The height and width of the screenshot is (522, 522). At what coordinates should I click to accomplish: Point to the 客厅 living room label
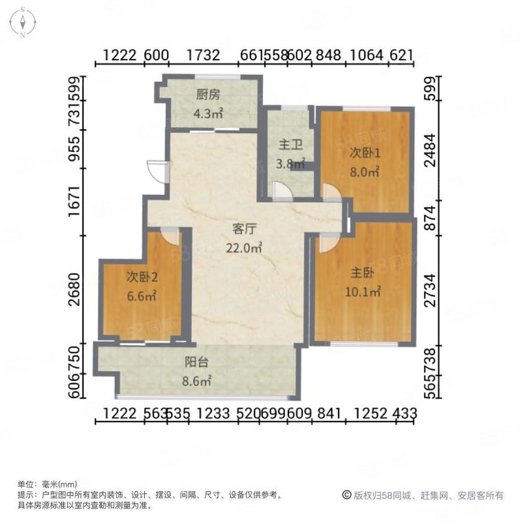click(243, 229)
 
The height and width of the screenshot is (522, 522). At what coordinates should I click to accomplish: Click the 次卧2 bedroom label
click(142, 277)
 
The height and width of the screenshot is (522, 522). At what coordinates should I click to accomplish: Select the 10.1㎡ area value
click(363, 292)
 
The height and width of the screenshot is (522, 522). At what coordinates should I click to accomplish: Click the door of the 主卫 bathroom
click(283, 191)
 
